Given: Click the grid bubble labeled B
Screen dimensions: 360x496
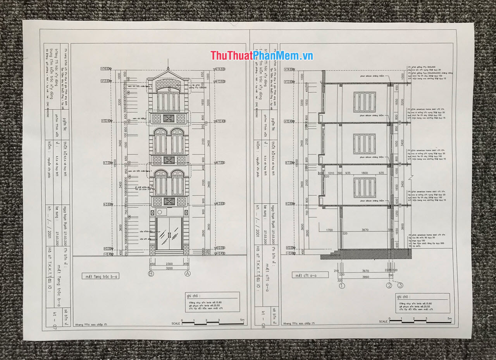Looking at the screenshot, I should coord(151,274).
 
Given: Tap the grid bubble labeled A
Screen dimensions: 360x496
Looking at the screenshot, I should coord(188,274).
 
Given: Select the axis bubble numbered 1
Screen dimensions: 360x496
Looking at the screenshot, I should coord(342,286).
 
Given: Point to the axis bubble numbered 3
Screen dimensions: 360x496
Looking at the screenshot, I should coord(400,285).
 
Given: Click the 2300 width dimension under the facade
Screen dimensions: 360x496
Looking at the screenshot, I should coord(169,264).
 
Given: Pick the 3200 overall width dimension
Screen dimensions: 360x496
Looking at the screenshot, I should coord(169,268).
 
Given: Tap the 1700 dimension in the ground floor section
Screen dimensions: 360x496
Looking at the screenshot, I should coord(329,230).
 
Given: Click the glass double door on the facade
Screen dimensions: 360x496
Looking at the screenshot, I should coord(169,233).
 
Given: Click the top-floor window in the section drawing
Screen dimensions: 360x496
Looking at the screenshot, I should coord(364,102).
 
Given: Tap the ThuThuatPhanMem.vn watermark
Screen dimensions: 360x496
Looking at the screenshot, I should coord(262,55).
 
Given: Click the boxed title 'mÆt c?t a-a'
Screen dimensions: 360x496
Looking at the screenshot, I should coord(310,275).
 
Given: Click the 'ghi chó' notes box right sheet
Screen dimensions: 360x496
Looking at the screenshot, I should coord(422,303).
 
